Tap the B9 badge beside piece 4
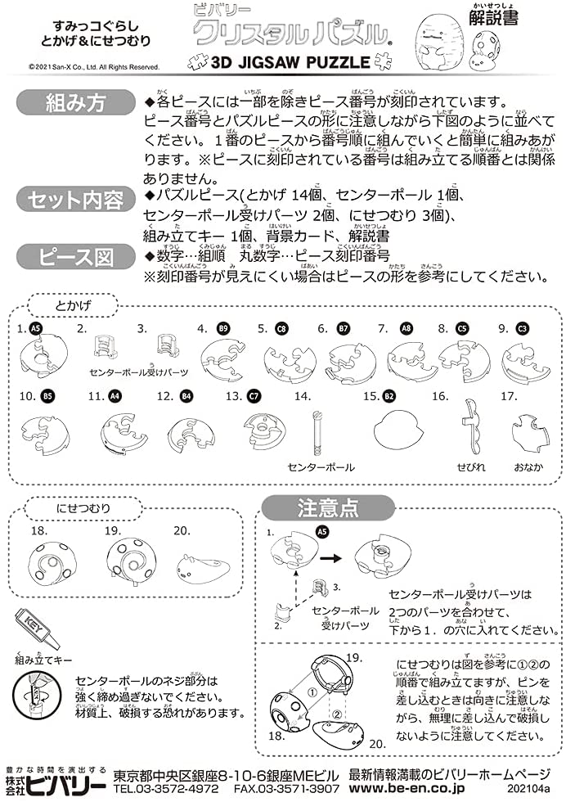pos(222,328)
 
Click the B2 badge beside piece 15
pos(390,396)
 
